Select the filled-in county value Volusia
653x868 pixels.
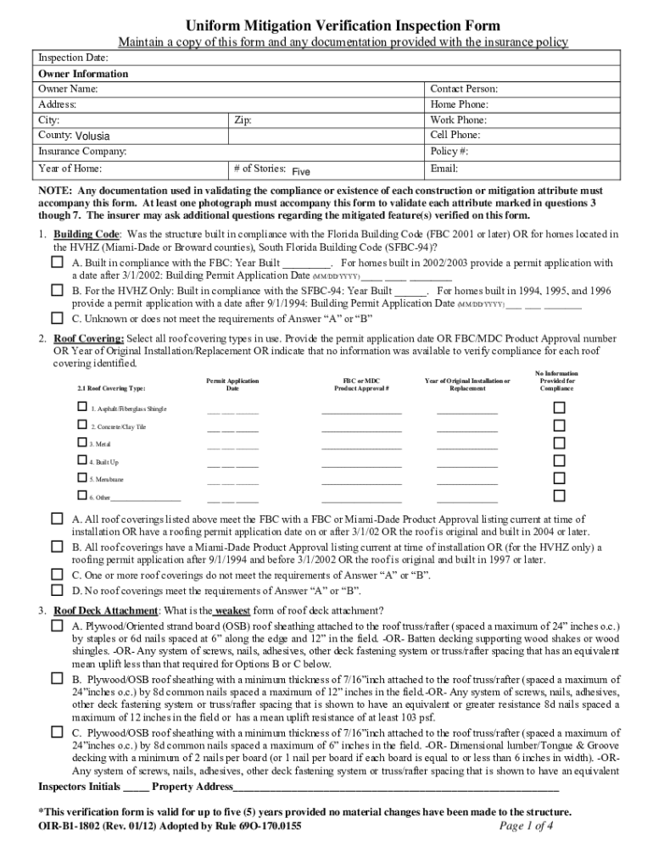pos(92,136)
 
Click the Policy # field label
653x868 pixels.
pos(449,151)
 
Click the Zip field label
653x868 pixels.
pos(242,120)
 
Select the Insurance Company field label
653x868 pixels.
pos(82,151)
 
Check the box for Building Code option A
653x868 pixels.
pos(57,263)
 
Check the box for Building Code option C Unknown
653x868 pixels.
pos(57,319)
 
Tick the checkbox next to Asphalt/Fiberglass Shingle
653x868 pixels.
pos(82,407)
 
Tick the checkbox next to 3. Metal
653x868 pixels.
pos(82,442)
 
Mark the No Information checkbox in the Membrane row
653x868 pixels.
pos(559,478)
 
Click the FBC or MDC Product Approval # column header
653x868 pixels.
pos(361,385)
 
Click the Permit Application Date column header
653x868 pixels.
pos(232,385)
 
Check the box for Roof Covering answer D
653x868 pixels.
pos(57,590)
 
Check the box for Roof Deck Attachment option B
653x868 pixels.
pos(57,678)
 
